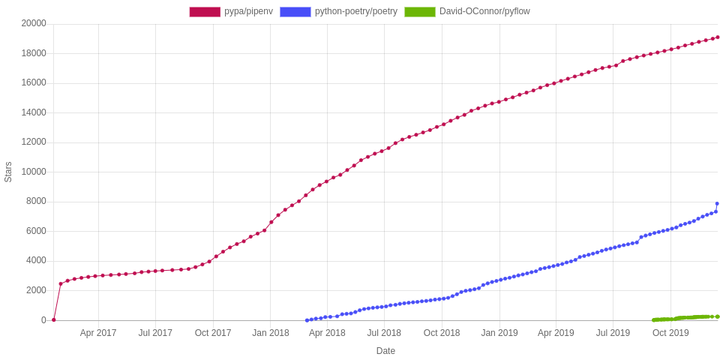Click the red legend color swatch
coord(204,11)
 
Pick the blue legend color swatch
coord(294,11)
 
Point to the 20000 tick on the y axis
coord(34,23)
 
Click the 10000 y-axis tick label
coord(34,172)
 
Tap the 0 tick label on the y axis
coord(43,320)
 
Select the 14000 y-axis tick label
coord(34,112)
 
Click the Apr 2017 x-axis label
coord(98,332)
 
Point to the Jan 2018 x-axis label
coord(271,332)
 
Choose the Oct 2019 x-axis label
coord(670,332)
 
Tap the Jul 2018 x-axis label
coord(384,332)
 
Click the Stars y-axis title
coord(8,172)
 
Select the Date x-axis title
coord(385,350)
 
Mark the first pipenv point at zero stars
coord(53,319)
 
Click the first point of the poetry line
coord(307,320)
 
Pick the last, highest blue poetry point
coord(717,203)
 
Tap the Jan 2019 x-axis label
coord(499,332)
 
